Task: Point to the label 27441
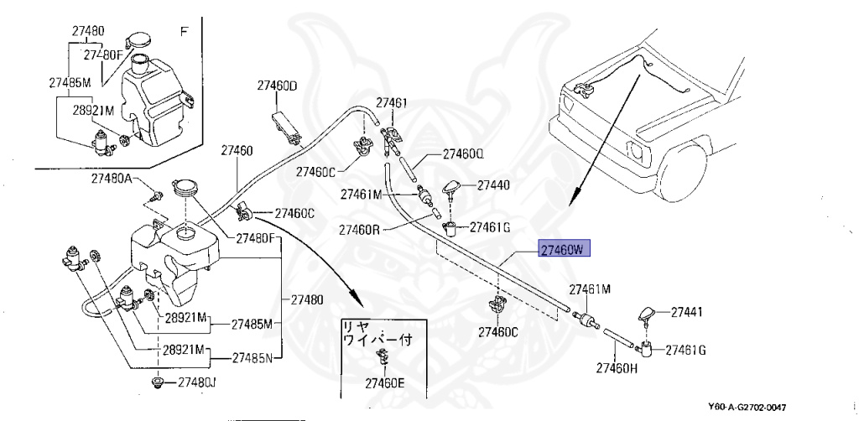pyautogui.click(x=686, y=312)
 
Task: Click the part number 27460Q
pyautogui.click(x=464, y=154)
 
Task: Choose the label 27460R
pyautogui.click(x=361, y=229)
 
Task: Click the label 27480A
pyautogui.click(x=112, y=179)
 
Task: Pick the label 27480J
pyautogui.click(x=196, y=382)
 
